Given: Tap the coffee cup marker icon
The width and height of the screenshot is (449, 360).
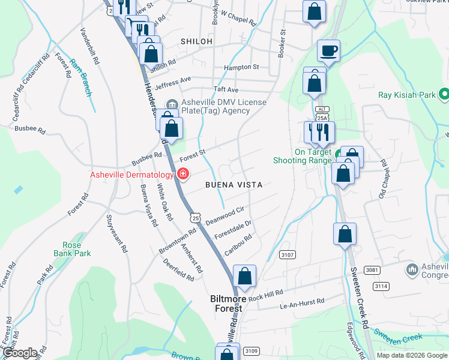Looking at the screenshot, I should click(x=328, y=51).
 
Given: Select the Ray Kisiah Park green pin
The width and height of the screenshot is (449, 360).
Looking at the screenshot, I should click(x=444, y=95).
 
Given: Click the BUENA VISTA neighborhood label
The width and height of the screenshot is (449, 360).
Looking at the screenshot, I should click(x=234, y=185).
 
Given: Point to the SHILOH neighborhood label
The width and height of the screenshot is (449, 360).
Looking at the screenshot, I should click(x=196, y=41).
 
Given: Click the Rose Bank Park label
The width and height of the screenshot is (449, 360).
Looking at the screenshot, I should click(x=76, y=249).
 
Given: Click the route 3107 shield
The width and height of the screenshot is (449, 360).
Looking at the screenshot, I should click(x=288, y=255).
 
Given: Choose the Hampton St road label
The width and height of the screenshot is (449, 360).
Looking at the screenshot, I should click(x=241, y=67).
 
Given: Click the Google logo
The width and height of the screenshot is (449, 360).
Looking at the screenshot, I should click(x=20, y=353).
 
